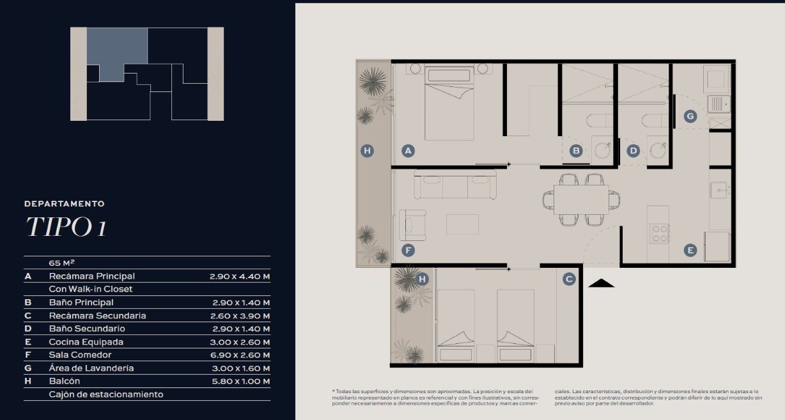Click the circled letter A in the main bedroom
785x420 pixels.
pyautogui.click(x=408, y=151)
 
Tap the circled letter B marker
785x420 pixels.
pyautogui.click(x=576, y=151)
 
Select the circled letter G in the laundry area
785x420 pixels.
pyautogui.click(x=690, y=116)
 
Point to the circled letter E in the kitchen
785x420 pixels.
pyautogui.click(x=690, y=251)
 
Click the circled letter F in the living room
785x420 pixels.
pyautogui.click(x=408, y=251)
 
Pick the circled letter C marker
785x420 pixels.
pyautogui.click(x=569, y=279)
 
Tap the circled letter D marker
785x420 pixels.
pyautogui.click(x=633, y=151)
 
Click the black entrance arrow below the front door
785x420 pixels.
pyautogui.click(x=601, y=283)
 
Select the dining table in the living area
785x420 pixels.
pyautogui.click(x=581, y=199)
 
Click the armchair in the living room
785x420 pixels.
pyautogui.click(x=412, y=225)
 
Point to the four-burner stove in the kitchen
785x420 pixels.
pyautogui.click(x=659, y=234)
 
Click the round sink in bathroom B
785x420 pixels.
pyautogui.click(x=602, y=150)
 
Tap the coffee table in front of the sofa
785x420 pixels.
pyautogui.click(x=462, y=224)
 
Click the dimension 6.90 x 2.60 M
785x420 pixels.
pyautogui.click(x=240, y=355)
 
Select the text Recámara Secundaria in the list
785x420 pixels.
pyautogui.click(x=97, y=316)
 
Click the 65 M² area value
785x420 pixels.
pyautogui.click(x=61, y=263)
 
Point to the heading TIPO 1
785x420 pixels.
pyautogui.click(x=66, y=226)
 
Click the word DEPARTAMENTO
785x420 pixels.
pyautogui.click(x=65, y=204)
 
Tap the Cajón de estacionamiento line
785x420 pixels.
pyautogui.click(x=106, y=394)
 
